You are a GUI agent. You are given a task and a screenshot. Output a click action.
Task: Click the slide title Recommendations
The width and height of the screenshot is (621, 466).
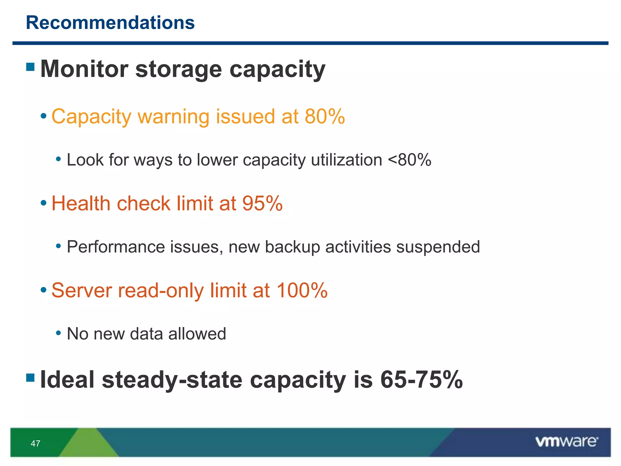pos(110,23)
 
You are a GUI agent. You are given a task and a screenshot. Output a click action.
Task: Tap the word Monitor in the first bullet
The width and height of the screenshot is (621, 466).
pos(84,69)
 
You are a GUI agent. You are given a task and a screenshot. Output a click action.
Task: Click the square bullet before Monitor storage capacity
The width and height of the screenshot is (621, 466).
pos(30,67)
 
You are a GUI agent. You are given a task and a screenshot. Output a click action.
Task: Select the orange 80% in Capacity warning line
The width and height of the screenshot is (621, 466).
pos(324,116)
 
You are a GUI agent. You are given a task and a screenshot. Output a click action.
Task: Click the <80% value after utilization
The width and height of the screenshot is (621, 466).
pos(409,160)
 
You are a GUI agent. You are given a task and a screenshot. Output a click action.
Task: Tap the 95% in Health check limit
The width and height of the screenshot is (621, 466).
pos(262,203)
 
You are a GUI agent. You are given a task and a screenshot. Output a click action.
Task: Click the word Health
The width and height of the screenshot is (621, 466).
pos(81,203)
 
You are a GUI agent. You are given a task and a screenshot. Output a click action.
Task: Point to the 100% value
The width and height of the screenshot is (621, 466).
pos(302,290)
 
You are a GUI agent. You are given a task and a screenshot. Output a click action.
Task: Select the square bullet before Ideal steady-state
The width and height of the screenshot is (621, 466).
pos(30,377)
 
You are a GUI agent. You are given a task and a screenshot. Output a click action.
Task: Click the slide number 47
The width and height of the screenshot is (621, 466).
pos(35,444)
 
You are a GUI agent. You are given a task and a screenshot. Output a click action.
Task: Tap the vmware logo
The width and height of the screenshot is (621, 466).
pos(566,442)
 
